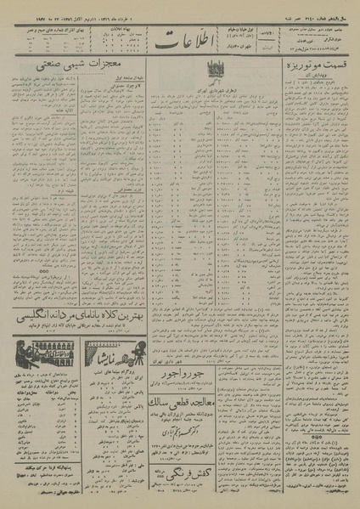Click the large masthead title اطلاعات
click(x=182, y=40)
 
